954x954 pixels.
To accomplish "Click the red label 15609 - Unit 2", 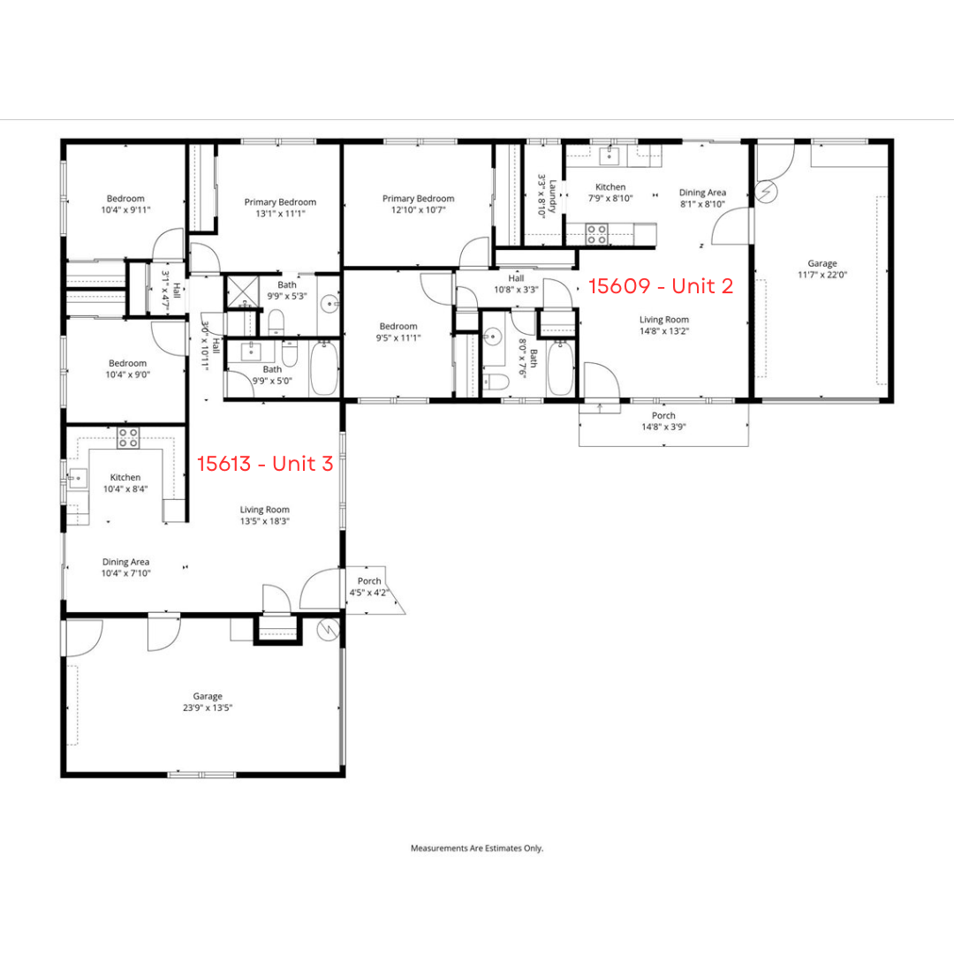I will point(661,286).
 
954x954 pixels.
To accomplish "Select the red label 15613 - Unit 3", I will point(264,464).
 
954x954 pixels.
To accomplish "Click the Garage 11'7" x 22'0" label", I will point(821,269).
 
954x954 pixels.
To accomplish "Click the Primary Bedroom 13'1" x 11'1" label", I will point(280,208).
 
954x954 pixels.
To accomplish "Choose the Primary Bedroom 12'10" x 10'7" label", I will point(418,204).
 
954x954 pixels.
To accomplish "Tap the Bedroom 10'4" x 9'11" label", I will point(125,204).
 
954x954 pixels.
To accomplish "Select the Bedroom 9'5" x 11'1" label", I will point(397,331).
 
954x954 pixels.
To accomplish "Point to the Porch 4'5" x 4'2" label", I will point(369,587).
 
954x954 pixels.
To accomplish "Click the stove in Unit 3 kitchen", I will point(128,437).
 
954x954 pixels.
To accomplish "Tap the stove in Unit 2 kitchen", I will point(597,234).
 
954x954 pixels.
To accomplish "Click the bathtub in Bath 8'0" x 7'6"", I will point(560,368).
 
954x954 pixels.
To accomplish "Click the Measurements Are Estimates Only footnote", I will point(477,848).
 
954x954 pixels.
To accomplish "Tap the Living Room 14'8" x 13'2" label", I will point(664,325).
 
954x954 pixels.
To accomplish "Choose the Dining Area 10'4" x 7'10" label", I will point(125,567).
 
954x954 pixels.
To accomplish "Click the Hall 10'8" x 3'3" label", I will point(516,284).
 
